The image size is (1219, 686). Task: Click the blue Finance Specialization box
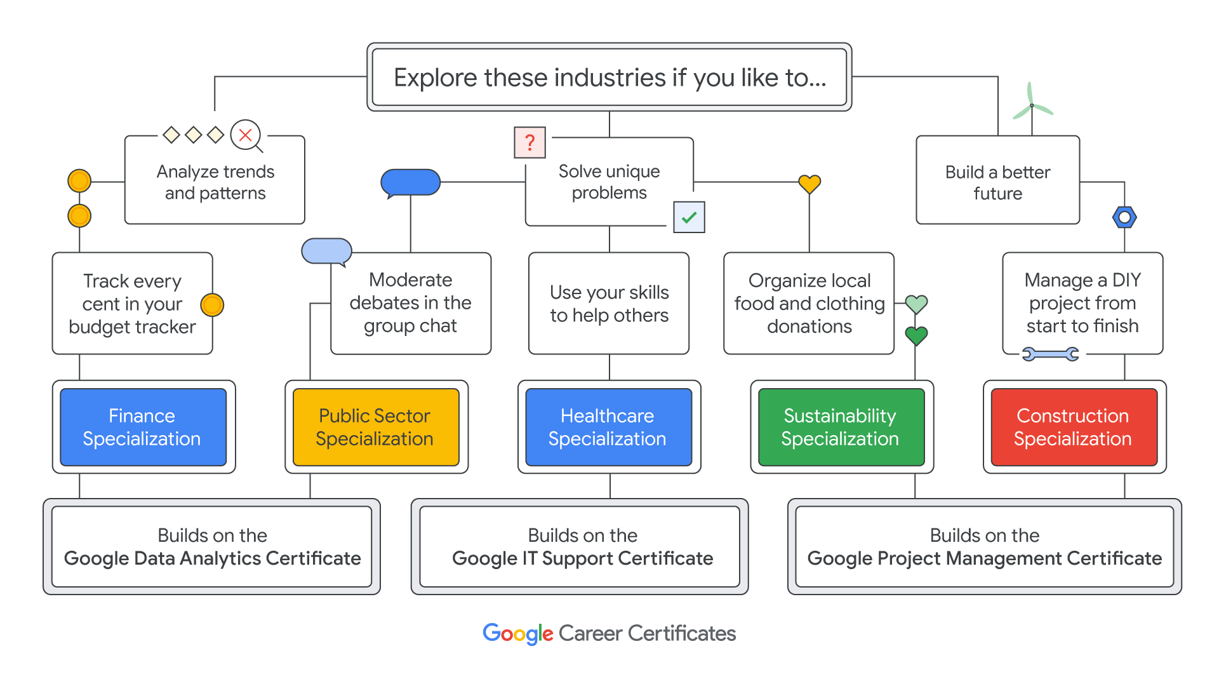click(143, 427)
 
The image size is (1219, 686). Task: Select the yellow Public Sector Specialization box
click(376, 427)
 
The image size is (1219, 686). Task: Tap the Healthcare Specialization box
click(608, 427)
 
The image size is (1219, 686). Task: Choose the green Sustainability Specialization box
click(841, 427)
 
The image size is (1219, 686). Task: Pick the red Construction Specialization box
click(1074, 427)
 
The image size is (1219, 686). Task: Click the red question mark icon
click(530, 142)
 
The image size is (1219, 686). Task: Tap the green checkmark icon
click(689, 217)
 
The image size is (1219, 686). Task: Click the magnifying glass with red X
click(246, 135)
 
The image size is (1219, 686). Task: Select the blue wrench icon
click(1050, 354)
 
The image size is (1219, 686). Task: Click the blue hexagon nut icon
click(1124, 217)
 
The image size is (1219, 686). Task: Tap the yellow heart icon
click(809, 184)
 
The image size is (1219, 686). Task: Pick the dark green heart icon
click(916, 335)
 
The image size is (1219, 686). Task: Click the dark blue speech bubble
click(410, 182)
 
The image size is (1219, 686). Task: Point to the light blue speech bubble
click(326, 252)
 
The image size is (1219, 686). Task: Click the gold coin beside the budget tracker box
click(212, 305)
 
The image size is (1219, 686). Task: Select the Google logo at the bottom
click(517, 633)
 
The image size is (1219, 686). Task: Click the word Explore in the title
click(435, 77)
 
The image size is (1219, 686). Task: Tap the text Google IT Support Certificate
click(582, 558)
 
